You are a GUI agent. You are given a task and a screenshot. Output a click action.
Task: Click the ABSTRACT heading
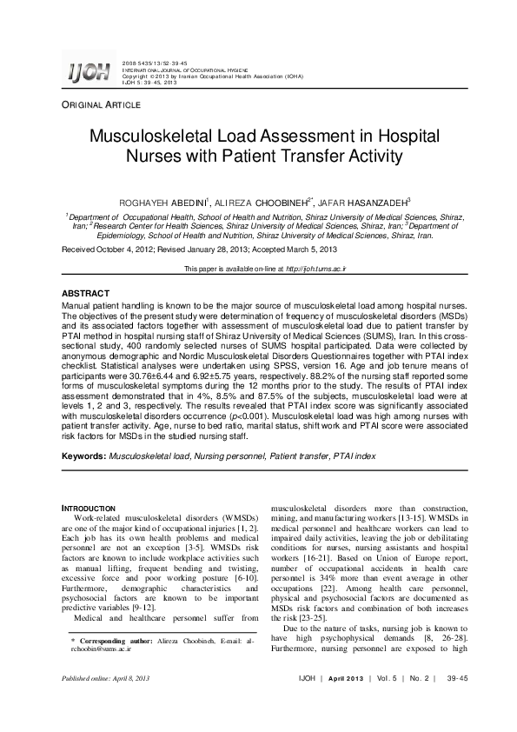point(85,294)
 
